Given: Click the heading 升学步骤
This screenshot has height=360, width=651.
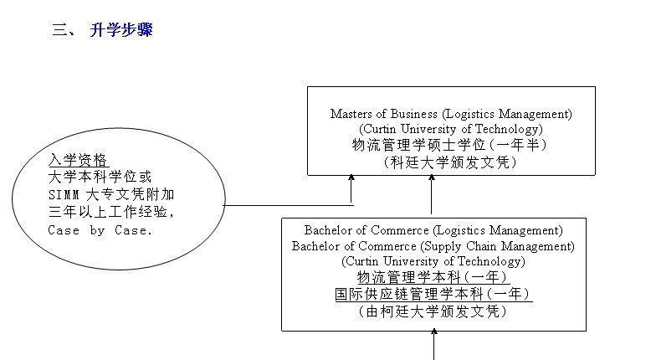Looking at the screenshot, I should pyautogui.click(x=120, y=31).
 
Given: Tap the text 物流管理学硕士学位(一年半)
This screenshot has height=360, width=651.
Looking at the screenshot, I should pyautogui.click(x=449, y=145).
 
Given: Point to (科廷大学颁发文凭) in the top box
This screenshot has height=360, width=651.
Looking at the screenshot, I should pyautogui.click(x=449, y=162).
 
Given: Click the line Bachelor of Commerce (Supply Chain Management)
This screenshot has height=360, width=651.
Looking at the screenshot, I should pyautogui.click(x=433, y=246).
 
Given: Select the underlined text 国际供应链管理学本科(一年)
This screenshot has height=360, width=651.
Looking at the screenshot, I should pyautogui.click(x=433, y=294).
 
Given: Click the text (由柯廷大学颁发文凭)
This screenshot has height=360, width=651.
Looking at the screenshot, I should pyautogui.click(x=433, y=311).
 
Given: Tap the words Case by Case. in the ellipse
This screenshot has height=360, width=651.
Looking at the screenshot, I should pyautogui.click(x=100, y=230).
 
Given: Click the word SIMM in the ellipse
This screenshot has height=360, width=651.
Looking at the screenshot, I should pyautogui.click(x=64, y=195).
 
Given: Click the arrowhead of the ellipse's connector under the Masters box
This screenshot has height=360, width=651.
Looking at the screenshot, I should pyautogui.click(x=351, y=178).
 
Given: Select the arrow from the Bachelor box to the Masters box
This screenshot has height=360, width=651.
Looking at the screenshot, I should pyautogui.click(x=432, y=196).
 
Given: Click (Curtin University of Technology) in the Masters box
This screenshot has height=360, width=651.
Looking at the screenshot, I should pyautogui.click(x=450, y=129).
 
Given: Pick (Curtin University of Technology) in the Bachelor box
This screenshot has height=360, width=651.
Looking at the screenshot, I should pyautogui.click(x=433, y=261).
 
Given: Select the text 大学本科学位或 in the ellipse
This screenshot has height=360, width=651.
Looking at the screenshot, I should pyautogui.click(x=100, y=177).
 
